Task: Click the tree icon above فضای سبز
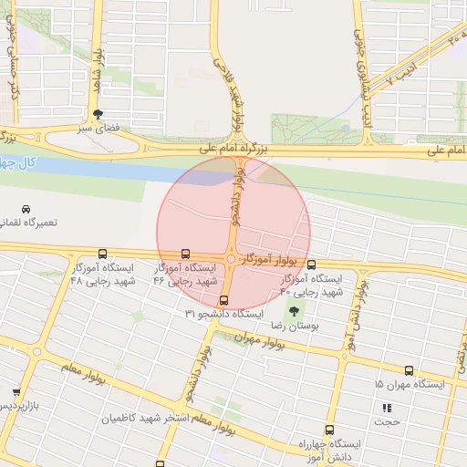[x=98, y=114]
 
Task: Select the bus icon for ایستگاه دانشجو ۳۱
[x=223, y=300]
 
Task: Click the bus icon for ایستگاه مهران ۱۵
[x=408, y=371]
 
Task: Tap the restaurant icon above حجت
[x=386, y=407]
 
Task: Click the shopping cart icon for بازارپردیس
[x=16, y=391]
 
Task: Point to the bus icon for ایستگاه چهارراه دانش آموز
[x=329, y=429]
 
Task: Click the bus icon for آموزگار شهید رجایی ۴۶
[x=186, y=254]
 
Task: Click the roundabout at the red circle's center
[x=233, y=260]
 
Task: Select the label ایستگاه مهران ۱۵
[x=410, y=385]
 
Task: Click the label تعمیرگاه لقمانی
[x=29, y=223]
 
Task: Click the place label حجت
[x=390, y=421]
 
